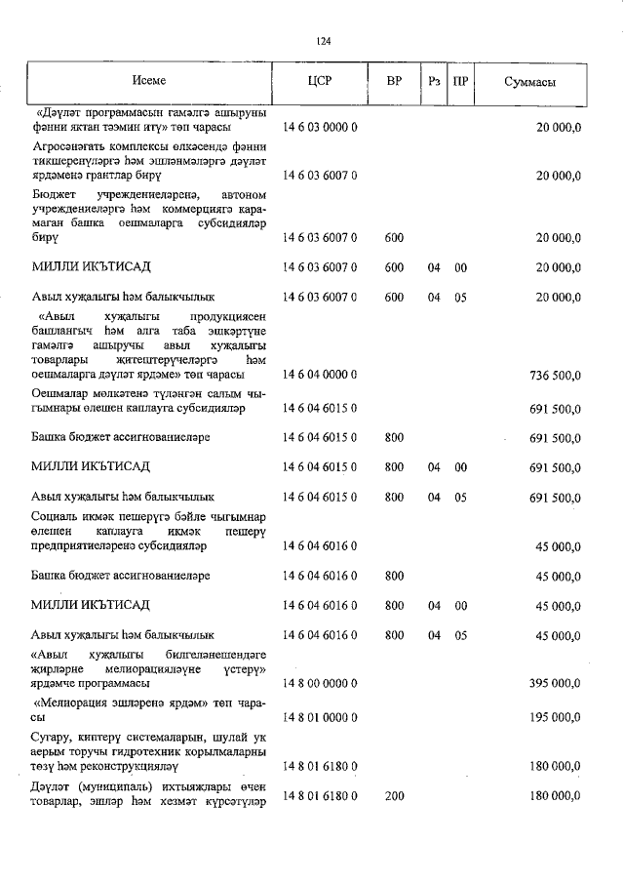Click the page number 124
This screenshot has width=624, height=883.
(324, 41)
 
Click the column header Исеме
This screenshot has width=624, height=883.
(149, 82)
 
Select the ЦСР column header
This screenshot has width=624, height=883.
(319, 82)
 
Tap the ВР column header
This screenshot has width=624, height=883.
(394, 82)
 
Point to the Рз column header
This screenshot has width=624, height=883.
(434, 82)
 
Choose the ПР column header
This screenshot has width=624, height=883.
(460, 82)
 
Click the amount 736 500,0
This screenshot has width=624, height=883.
(554, 375)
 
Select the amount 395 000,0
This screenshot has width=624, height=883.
(554, 682)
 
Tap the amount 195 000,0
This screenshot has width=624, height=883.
(554, 717)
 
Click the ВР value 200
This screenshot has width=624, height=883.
(394, 796)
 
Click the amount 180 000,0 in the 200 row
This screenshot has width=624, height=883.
(554, 796)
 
